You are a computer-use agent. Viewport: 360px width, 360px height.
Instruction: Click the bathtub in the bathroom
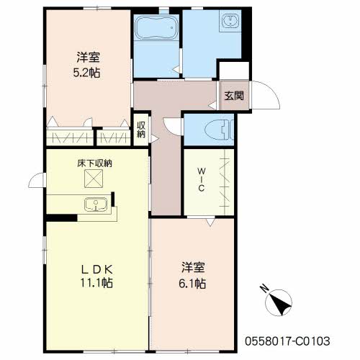click(x=156, y=27)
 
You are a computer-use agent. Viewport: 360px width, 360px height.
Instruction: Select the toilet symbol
click(x=219, y=130)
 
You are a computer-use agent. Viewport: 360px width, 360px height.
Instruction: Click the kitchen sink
click(x=96, y=204)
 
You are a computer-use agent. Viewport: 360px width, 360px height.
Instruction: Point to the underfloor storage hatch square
click(x=94, y=179)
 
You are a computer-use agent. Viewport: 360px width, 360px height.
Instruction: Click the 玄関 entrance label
click(x=234, y=96)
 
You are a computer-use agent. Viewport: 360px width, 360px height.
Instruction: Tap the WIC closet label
click(x=202, y=180)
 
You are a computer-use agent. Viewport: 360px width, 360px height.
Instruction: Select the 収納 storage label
click(x=141, y=130)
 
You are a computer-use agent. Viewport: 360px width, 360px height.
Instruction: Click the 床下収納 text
click(x=95, y=163)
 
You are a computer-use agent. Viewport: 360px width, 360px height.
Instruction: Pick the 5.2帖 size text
click(x=86, y=73)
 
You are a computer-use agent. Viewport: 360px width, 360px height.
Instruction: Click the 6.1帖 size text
click(x=192, y=284)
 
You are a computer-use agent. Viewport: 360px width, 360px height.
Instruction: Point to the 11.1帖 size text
click(x=96, y=283)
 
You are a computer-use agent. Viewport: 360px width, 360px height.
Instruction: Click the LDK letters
click(x=97, y=270)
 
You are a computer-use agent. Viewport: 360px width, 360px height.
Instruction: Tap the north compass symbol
click(x=279, y=302)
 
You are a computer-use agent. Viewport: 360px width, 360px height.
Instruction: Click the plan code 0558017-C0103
click(x=287, y=341)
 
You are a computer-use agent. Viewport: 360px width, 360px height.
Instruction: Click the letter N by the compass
click(x=264, y=289)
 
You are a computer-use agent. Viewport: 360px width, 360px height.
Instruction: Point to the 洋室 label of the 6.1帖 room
click(x=193, y=267)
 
